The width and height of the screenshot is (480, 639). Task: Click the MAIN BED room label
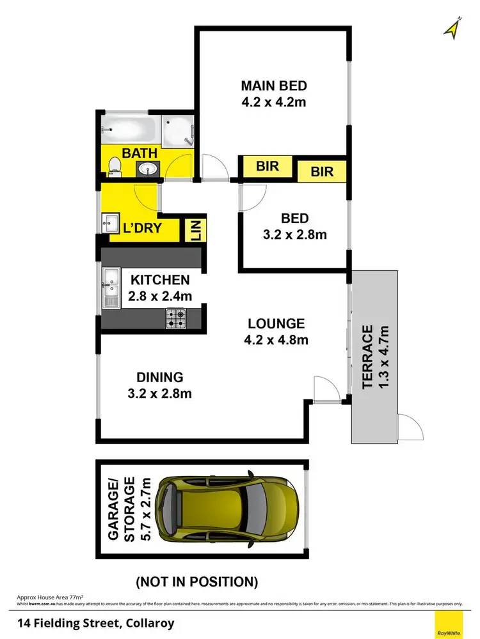coord(274,85)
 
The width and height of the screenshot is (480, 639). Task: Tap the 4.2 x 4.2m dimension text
coord(274,101)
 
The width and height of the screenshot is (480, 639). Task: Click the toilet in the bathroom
coord(115,166)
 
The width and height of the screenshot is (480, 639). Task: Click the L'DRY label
coord(141,227)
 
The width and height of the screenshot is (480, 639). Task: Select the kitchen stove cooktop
coord(176,318)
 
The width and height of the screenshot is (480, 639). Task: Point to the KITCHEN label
coord(160,280)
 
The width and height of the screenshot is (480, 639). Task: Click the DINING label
coord(159,377)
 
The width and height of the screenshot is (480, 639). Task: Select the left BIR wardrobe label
coord(267,167)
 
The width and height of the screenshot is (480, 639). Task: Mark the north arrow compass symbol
coord(453,29)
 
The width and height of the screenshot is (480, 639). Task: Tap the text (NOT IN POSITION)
coord(196,581)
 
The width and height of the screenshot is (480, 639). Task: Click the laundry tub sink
coord(109,224)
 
